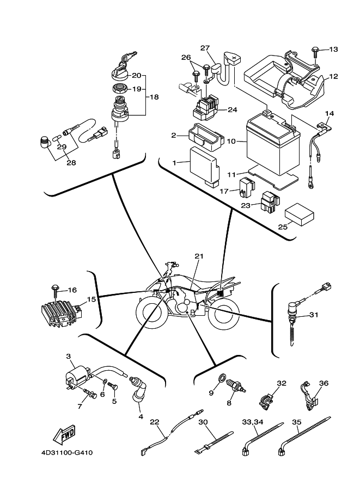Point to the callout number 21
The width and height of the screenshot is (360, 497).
pos(198,256)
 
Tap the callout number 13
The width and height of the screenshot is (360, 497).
pos(333,50)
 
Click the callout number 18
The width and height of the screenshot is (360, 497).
pos(154,97)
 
